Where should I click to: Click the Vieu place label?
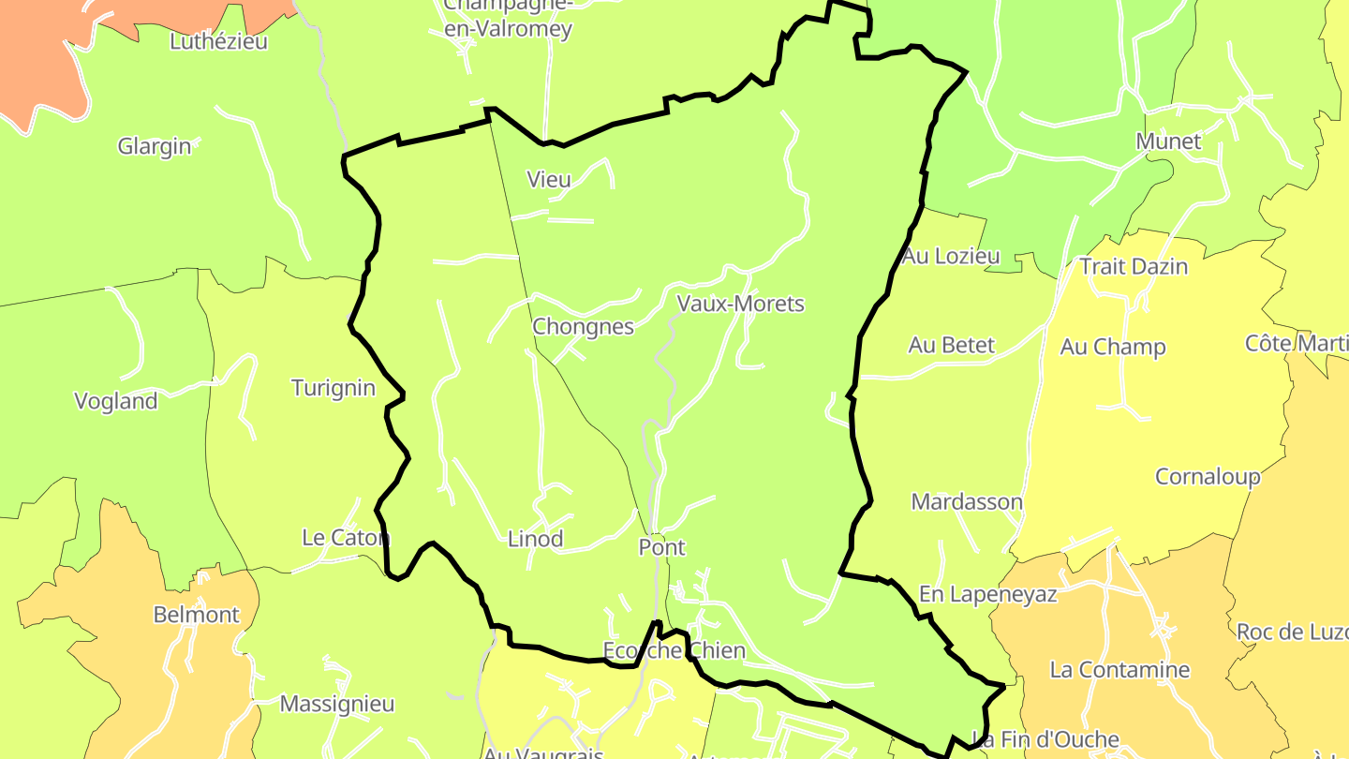549,179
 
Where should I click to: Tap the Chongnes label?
583,327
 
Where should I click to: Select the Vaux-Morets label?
740,304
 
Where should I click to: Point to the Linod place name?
535,539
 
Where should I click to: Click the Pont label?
661,547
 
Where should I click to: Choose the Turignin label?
333,388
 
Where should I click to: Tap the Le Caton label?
345,538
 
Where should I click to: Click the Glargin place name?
155,146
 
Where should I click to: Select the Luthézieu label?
218,41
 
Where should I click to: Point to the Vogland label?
116,401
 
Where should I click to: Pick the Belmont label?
197,615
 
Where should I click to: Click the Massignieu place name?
337,704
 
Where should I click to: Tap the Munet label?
1168,141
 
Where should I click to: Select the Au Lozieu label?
951,256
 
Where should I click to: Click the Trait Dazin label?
1134,266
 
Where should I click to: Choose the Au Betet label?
951,345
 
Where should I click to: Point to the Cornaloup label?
1208,476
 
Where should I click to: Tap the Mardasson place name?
967,501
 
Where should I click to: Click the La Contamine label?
1119,670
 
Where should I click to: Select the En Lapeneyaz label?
987,594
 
